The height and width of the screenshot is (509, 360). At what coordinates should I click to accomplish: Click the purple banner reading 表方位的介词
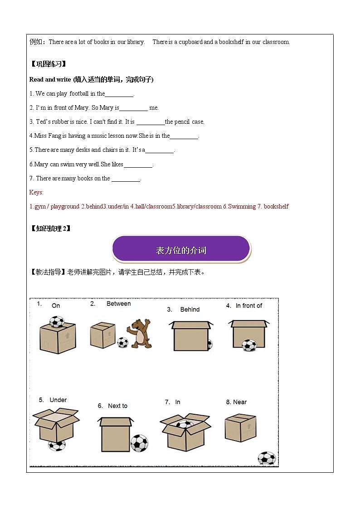[x=181, y=249]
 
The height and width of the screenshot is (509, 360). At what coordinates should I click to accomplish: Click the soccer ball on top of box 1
[x=57, y=321]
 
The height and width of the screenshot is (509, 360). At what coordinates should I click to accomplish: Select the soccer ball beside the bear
[x=122, y=342]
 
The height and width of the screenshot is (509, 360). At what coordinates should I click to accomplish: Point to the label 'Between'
[x=118, y=304]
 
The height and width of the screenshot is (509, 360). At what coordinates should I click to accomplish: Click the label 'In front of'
[x=248, y=306]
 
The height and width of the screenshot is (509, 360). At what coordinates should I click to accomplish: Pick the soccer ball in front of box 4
[x=248, y=345]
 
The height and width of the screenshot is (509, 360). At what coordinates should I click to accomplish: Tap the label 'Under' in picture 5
[x=58, y=400]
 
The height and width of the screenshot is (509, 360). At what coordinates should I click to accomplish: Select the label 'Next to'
[x=117, y=406]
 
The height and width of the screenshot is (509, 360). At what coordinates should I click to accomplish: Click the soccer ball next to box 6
[x=139, y=443]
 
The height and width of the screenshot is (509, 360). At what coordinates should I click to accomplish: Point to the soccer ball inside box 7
[x=185, y=425]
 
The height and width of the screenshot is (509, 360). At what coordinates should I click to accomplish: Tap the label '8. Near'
[x=236, y=402]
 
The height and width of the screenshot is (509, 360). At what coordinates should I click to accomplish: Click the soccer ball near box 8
[x=266, y=458]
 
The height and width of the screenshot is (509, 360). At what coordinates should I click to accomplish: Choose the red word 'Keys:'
[x=36, y=192]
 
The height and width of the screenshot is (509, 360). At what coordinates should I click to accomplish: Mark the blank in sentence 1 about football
[x=119, y=94]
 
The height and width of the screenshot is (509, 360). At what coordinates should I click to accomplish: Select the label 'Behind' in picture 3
[x=190, y=310]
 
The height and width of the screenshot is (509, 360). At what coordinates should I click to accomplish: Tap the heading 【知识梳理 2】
[x=50, y=228]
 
